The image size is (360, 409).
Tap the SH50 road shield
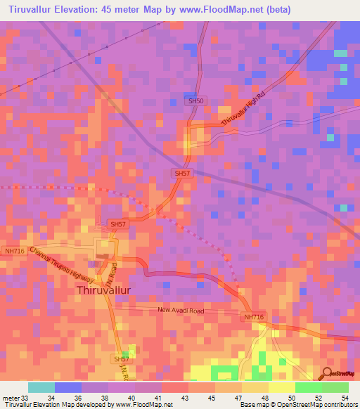click(196, 101)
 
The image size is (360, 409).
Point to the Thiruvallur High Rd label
click(241, 112)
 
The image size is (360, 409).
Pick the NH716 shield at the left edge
click(14, 250)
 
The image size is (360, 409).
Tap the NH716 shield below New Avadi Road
click(254, 318)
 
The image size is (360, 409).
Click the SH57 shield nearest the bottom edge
click(122, 359)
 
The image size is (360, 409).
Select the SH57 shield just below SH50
click(181, 173)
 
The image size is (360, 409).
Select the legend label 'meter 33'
click(15, 397)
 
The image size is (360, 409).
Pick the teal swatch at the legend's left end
click(41, 387)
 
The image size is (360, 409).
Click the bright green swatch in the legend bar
click(309, 387)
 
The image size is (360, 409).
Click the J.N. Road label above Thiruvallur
click(112, 268)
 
